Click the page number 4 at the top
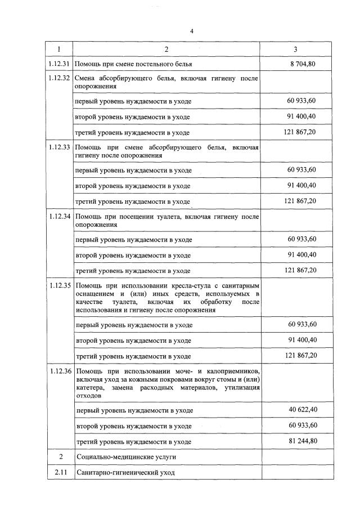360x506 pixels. [191, 30]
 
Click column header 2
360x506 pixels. [166, 49]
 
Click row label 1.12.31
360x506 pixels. [60, 64]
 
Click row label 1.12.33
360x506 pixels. [60, 147]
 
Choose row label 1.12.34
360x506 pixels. [60, 216]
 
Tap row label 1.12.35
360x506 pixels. [60, 285]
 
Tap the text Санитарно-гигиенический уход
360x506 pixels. [124, 473]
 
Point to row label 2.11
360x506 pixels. [60, 473]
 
